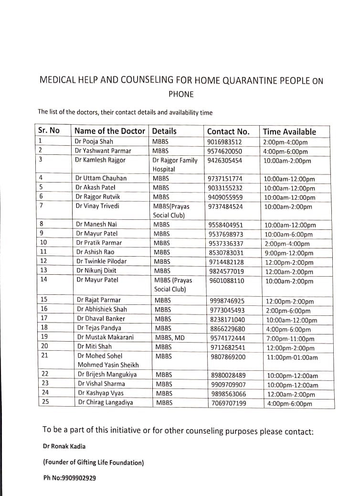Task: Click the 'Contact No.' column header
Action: click(x=228, y=131)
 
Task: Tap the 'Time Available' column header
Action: click(x=289, y=131)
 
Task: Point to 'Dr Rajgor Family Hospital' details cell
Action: click(x=175, y=164)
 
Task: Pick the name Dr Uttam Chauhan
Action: click(x=101, y=178)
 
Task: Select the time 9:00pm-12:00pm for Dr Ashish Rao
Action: click(x=289, y=253)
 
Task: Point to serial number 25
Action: click(x=44, y=402)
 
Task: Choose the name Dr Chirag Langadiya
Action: click(x=106, y=402)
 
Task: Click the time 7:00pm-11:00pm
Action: click(x=290, y=339)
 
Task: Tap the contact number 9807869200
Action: click(x=228, y=356)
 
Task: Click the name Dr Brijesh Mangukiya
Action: click(x=108, y=375)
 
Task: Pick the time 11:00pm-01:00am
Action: click(x=292, y=357)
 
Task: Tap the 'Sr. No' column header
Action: click(x=49, y=130)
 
